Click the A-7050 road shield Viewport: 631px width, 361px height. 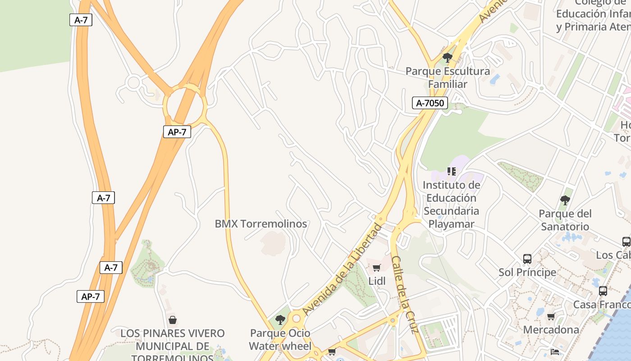pyautogui.click(x=430, y=103)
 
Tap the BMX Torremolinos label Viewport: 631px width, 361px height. pyautogui.click(x=261, y=224)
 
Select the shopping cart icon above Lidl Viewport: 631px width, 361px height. pyautogui.click(x=377, y=268)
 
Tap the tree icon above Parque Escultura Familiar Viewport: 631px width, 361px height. pyautogui.click(x=448, y=57)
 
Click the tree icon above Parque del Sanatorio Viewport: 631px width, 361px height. pyautogui.click(x=565, y=200)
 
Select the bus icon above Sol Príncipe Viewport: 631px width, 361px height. pyautogui.click(x=527, y=259)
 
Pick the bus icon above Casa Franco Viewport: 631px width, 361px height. pyautogui.click(x=603, y=291)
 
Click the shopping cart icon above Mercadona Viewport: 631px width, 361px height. pyautogui.click(x=551, y=316)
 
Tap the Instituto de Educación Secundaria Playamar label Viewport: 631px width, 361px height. pyautogui.click(x=451, y=204)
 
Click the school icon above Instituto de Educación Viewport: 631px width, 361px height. pyautogui.click(x=451, y=171)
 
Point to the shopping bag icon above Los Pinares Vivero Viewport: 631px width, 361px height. pyautogui.click(x=172, y=320)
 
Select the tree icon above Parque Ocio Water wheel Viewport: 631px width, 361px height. pyautogui.click(x=280, y=320)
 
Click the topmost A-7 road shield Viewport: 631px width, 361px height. pyautogui.click(x=81, y=20)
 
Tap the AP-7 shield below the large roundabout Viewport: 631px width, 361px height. pyautogui.click(x=177, y=132)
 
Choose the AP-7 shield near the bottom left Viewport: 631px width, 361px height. pyautogui.click(x=90, y=296)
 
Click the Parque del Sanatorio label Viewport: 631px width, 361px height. pyautogui.click(x=565, y=220)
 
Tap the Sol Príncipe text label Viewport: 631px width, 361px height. pyautogui.click(x=527, y=272)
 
